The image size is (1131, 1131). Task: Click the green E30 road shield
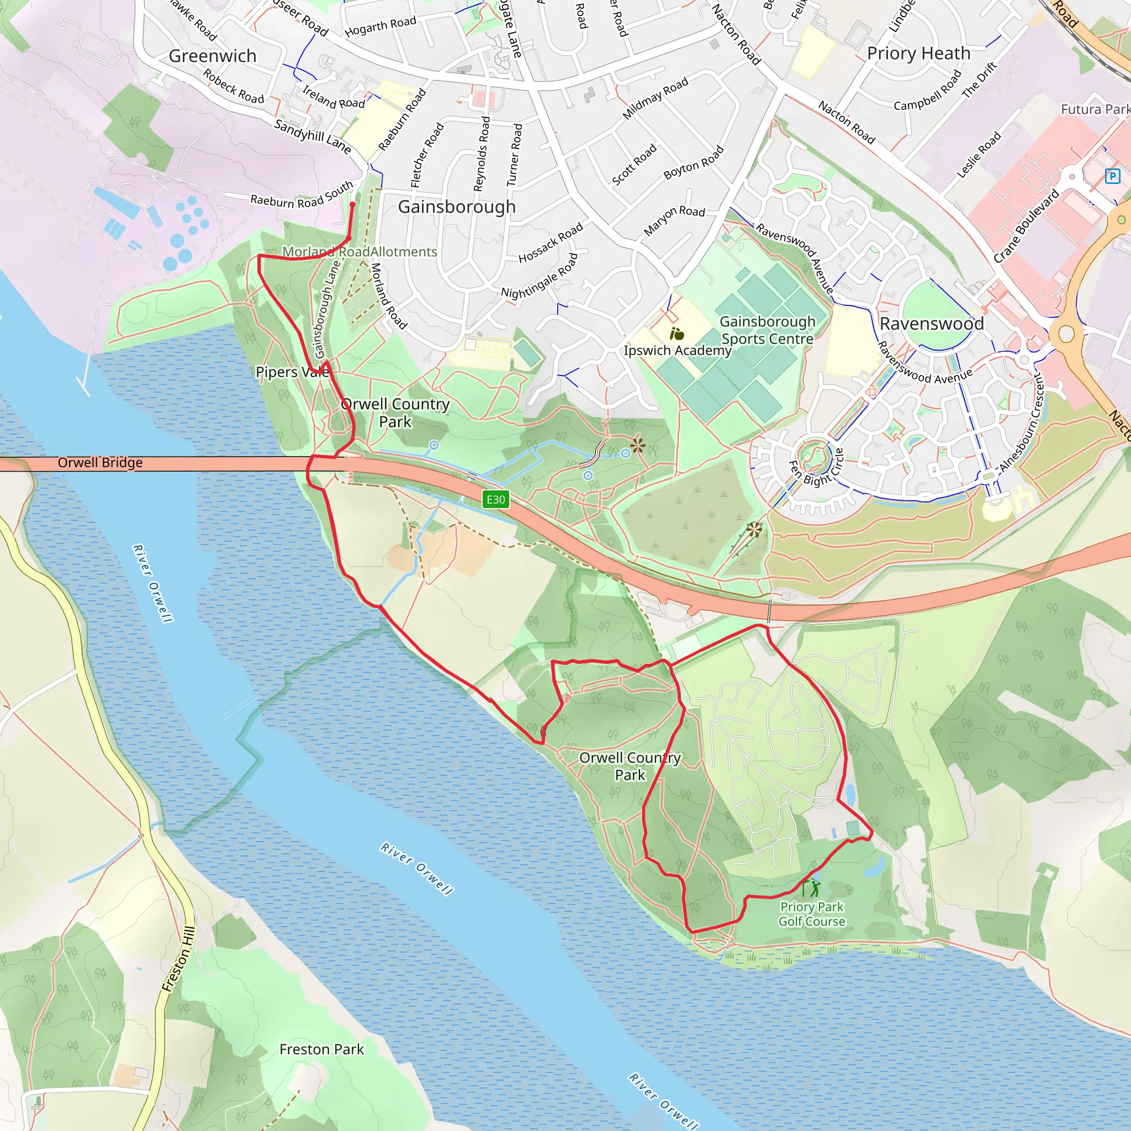495,499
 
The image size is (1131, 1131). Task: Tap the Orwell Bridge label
100,462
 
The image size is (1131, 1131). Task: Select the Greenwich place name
213,56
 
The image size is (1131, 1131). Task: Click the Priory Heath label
918,53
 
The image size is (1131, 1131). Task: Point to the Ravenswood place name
932,324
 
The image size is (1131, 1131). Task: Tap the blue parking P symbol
1112,176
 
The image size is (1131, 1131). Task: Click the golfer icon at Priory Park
811,887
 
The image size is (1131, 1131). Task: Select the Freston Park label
321,1050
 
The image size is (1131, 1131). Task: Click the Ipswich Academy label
677,351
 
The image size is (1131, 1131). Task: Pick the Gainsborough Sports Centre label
767,330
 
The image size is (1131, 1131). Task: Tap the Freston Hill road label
178,960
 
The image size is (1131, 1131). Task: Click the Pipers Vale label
292,372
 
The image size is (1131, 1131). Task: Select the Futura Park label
1095,109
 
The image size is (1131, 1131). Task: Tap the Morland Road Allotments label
360,252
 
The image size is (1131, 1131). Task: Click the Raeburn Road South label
302,195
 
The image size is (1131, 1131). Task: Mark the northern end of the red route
352,204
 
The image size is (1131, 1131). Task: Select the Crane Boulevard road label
1026,225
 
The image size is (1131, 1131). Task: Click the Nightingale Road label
539,276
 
